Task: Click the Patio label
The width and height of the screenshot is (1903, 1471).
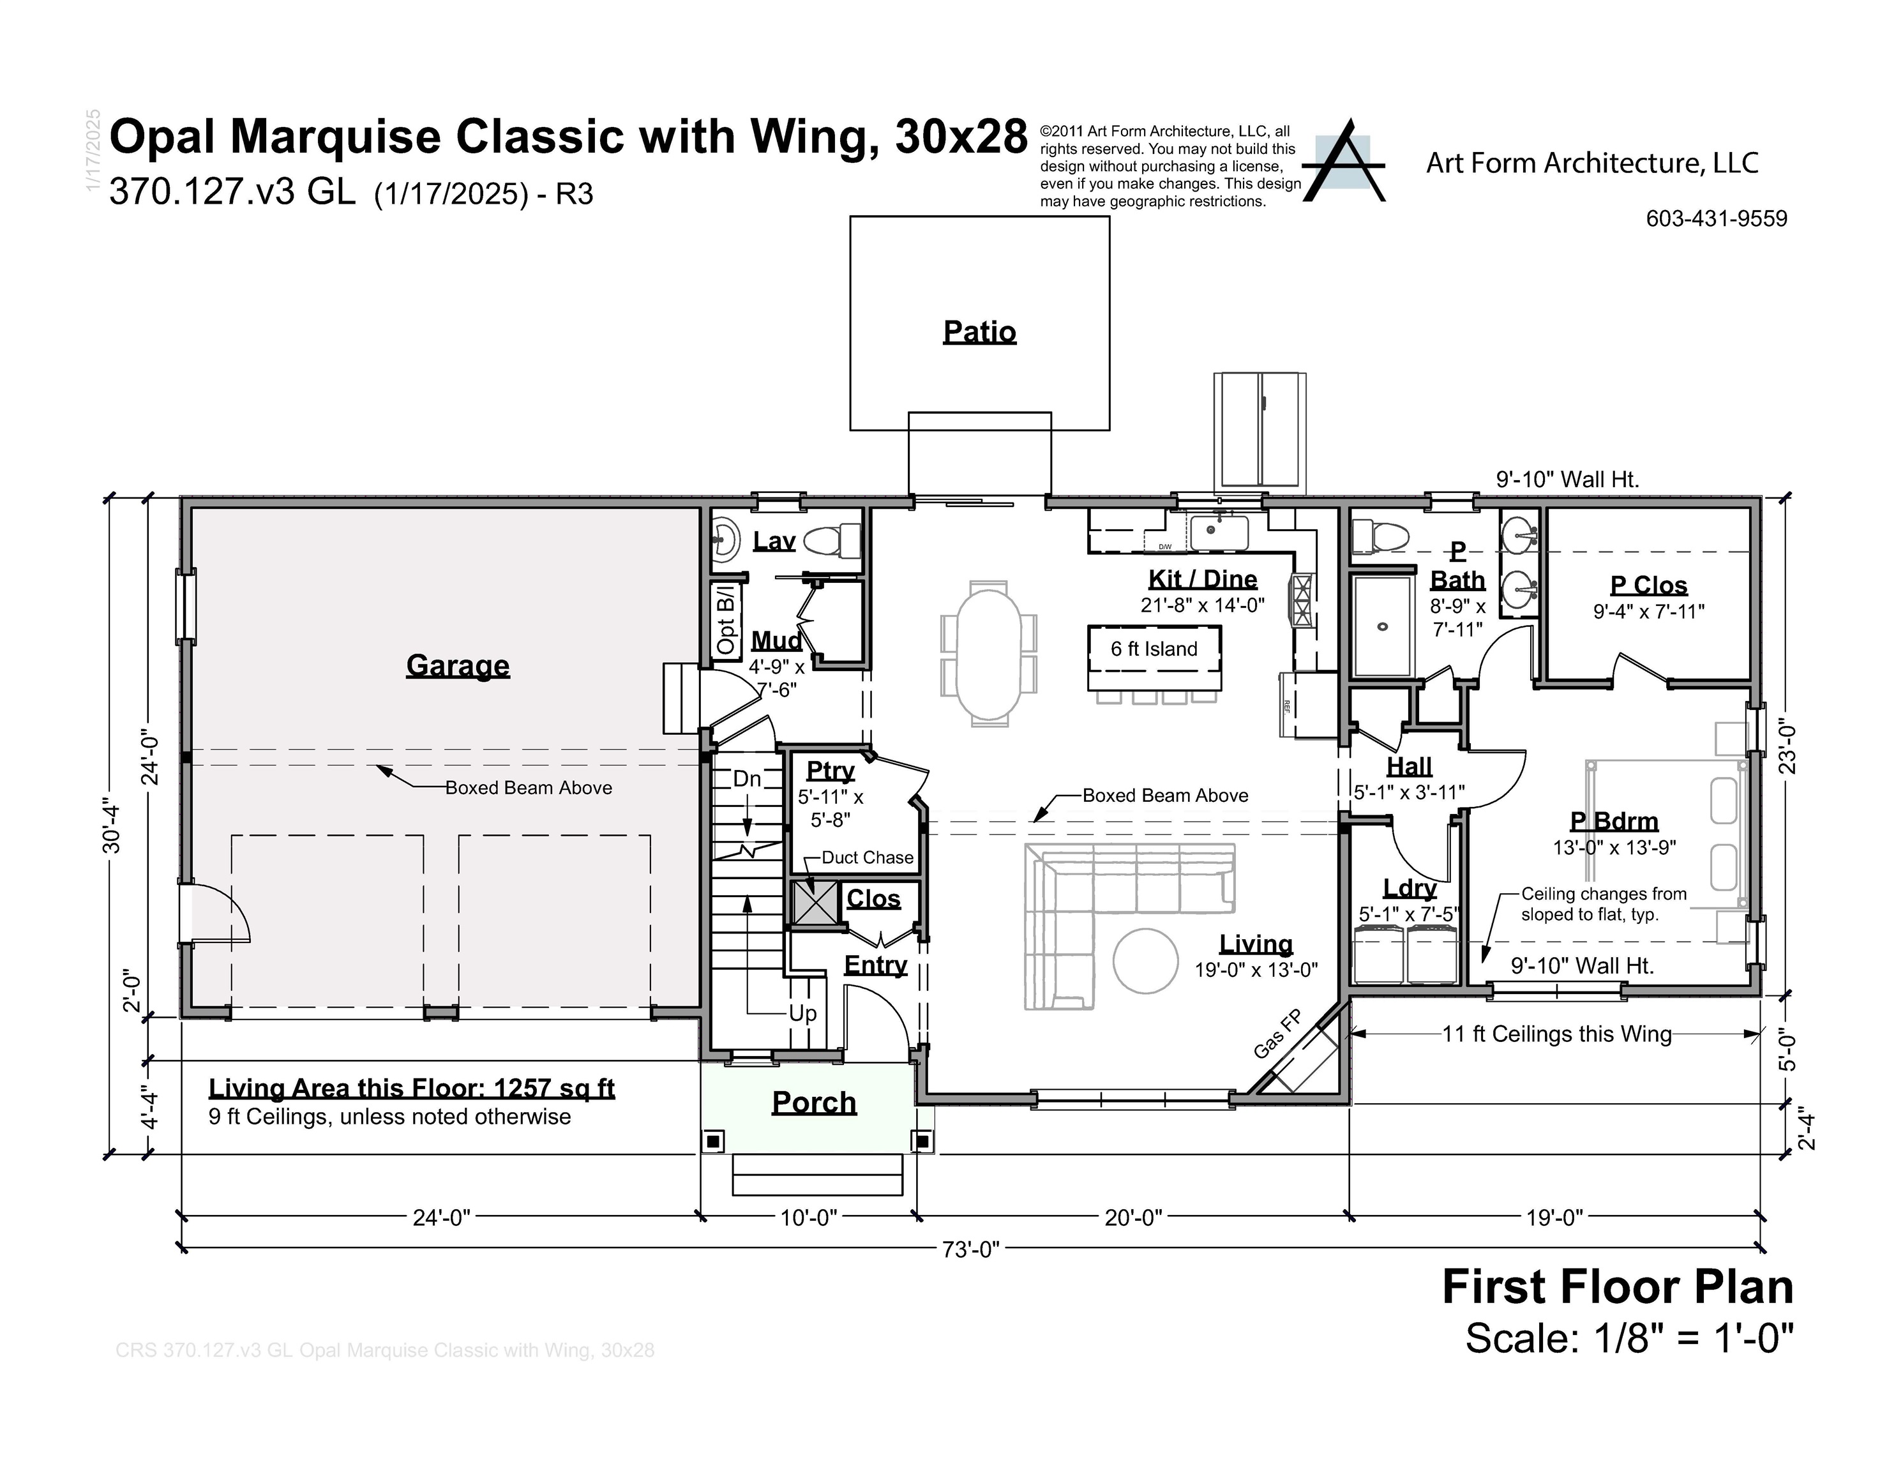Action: coord(979,332)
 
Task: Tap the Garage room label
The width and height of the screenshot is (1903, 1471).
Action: coord(458,666)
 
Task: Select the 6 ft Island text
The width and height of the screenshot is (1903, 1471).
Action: coord(1154,649)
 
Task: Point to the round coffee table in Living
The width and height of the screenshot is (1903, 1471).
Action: coord(1145,962)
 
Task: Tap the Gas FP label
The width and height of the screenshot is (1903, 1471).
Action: coord(1277,1034)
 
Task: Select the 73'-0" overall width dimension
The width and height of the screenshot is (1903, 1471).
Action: coord(970,1249)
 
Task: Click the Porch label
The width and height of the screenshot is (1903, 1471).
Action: coord(814,1103)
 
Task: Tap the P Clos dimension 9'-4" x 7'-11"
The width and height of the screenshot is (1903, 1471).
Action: coord(1648,612)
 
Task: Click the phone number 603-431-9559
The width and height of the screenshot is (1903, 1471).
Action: coord(1716,219)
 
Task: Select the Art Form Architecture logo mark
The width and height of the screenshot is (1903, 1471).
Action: coord(1343,163)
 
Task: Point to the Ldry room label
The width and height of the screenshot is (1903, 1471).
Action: coord(1409,888)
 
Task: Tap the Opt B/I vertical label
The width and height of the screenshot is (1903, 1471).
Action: coord(726,619)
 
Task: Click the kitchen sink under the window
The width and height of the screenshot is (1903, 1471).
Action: coord(1219,532)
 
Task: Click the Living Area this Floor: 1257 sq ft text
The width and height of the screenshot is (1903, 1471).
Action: coord(411,1089)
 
